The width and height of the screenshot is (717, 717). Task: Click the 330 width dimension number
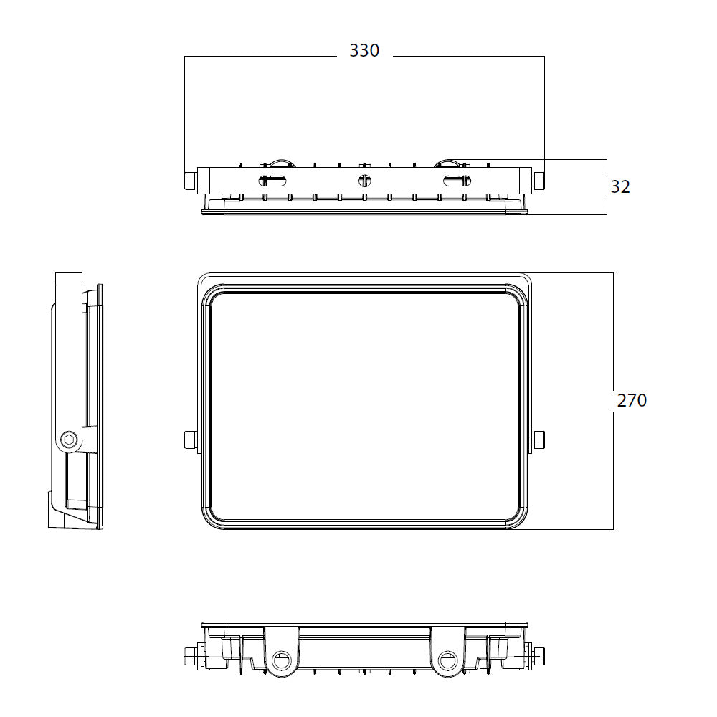click(x=364, y=50)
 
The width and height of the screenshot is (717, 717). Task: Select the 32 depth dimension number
click(x=620, y=186)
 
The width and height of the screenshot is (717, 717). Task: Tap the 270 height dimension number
click(x=632, y=400)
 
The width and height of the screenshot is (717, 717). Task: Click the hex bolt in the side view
click(x=69, y=440)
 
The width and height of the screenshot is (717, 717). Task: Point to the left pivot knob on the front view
click(x=190, y=440)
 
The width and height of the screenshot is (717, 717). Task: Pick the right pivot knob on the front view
click(x=539, y=440)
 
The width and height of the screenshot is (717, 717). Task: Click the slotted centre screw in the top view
click(x=364, y=181)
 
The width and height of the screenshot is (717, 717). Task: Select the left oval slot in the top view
click(x=273, y=181)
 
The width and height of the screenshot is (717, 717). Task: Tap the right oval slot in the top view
click(x=457, y=181)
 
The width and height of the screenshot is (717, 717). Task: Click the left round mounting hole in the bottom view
click(x=281, y=660)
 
